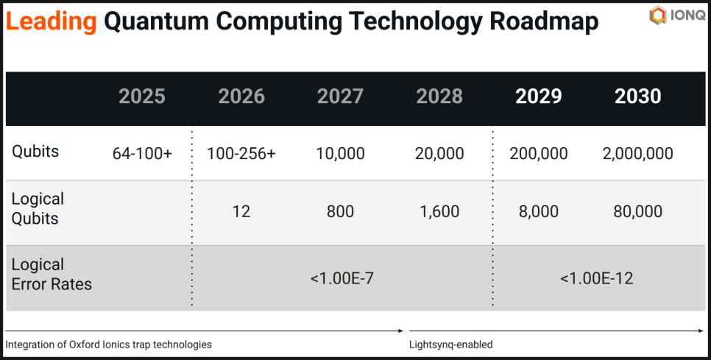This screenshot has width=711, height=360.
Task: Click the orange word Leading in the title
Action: point(51,22)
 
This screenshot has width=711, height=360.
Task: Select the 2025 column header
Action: point(142,96)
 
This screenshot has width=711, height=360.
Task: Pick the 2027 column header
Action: point(340,96)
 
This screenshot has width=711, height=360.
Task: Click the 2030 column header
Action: point(637,96)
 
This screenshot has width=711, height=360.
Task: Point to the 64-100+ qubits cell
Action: point(142,153)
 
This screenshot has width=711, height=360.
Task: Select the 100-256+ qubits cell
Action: point(241,153)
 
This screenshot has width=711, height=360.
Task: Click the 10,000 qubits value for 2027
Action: point(340,153)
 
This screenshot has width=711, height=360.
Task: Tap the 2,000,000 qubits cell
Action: point(637,153)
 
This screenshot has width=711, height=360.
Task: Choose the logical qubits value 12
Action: point(241,212)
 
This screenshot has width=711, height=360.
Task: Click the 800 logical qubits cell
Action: point(340,212)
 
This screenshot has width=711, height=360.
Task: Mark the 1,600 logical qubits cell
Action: point(439,212)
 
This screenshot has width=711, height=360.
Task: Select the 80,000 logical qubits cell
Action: point(637,212)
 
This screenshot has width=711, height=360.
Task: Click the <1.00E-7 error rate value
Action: point(340,278)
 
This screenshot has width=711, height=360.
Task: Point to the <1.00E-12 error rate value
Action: point(596,278)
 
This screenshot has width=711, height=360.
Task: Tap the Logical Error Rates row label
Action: point(52,274)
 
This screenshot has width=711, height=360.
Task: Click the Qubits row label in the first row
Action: point(35,152)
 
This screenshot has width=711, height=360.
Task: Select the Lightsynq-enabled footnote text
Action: point(450,345)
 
